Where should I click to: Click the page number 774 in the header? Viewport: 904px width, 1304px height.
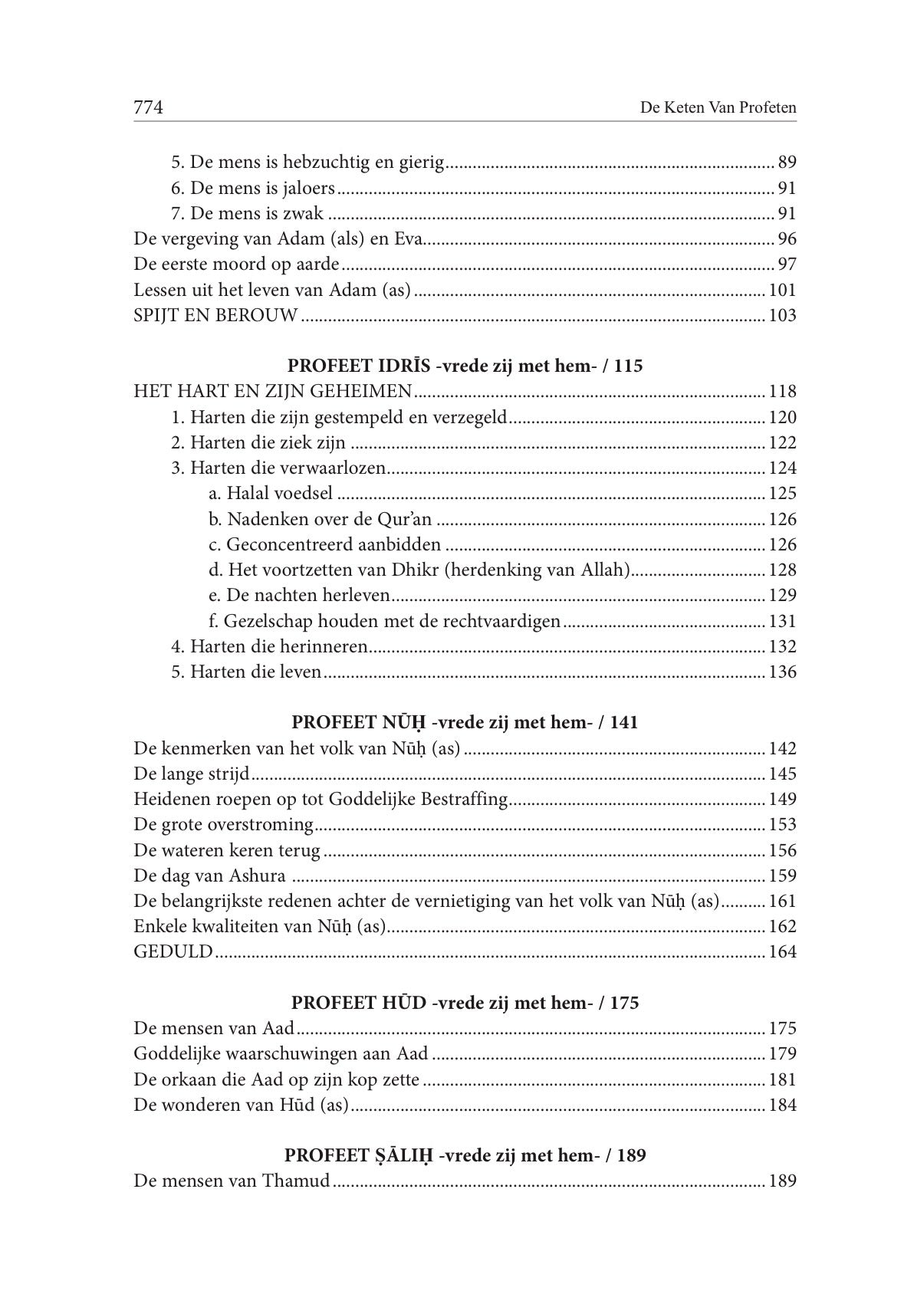point(149,107)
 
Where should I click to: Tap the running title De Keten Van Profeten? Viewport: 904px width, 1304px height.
point(718,108)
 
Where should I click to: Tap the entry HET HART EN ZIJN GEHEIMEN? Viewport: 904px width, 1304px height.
point(272,392)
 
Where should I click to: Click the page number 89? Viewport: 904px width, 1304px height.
point(787,163)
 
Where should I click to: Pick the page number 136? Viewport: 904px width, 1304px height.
point(782,672)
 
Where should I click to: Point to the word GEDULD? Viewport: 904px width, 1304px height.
point(173,952)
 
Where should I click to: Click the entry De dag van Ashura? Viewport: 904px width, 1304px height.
point(209,875)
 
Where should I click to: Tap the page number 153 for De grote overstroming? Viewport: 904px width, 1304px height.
point(782,825)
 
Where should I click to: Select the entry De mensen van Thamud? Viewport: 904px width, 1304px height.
point(232,1181)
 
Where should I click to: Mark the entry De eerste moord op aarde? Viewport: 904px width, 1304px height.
point(236,264)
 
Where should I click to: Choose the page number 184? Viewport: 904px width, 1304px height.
point(782,1105)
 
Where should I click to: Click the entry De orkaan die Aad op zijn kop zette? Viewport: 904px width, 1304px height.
point(276,1079)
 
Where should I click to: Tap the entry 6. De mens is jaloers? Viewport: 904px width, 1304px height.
point(252,188)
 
